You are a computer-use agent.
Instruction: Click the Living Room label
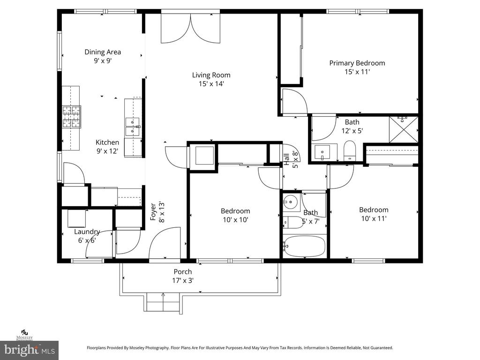coord(211,75)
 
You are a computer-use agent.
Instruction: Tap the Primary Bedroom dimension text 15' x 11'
coord(357,72)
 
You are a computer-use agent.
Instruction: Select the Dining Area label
coord(103,52)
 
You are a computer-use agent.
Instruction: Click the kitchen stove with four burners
coord(72,117)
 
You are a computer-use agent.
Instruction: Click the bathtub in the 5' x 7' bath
coord(304,247)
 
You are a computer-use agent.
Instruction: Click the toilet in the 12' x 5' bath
coord(350,151)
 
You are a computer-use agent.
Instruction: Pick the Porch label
coord(182,271)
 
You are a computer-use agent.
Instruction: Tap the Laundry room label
coord(87,232)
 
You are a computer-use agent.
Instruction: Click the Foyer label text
coord(153,211)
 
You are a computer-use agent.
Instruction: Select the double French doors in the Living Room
coord(190,29)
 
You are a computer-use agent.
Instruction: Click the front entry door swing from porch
coord(164,244)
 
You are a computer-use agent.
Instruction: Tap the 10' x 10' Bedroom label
coord(235,211)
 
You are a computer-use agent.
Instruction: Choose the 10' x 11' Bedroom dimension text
coord(374,218)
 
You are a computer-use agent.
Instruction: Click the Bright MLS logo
coord(29,350)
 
